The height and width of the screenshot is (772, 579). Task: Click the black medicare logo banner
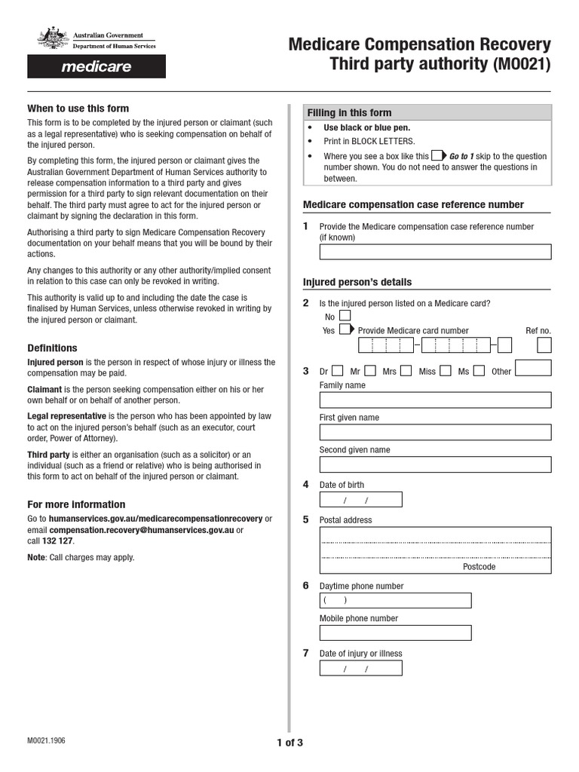pyautogui.click(x=96, y=66)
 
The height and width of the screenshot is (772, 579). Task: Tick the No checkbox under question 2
pyautogui.click(x=345, y=316)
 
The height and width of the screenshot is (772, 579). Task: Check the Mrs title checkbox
pyautogui.click(x=406, y=370)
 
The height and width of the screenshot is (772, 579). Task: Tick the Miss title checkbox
pyautogui.click(x=446, y=370)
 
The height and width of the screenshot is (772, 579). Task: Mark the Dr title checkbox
pyautogui.click(x=338, y=370)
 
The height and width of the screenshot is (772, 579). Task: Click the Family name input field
pyautogui.click(x=435, y=400)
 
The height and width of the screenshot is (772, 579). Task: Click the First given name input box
pyautogui.click(x=435, y=432)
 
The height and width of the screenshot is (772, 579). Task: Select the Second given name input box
pyautogui.click(x=435, y=464)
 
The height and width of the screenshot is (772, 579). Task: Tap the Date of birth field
pyautogui.click(x=360, y=500)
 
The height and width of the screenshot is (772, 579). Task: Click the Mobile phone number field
pyautogui.click(x=395, y=633)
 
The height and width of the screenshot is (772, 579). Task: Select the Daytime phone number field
pyautogui.click(x=395, y=600)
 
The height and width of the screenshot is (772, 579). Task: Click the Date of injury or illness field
pyautogui.click(x=360, y=668)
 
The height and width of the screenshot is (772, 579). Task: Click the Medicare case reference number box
pyautogui.click(x=435, y=252)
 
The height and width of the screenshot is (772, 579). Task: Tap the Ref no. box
pyautogui.click(x=544, y=345)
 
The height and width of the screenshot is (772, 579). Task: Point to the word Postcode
pyautogui.click(x=479, y=566)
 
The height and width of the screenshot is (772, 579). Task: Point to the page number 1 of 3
pyautogui.click(x=289, y=743)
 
